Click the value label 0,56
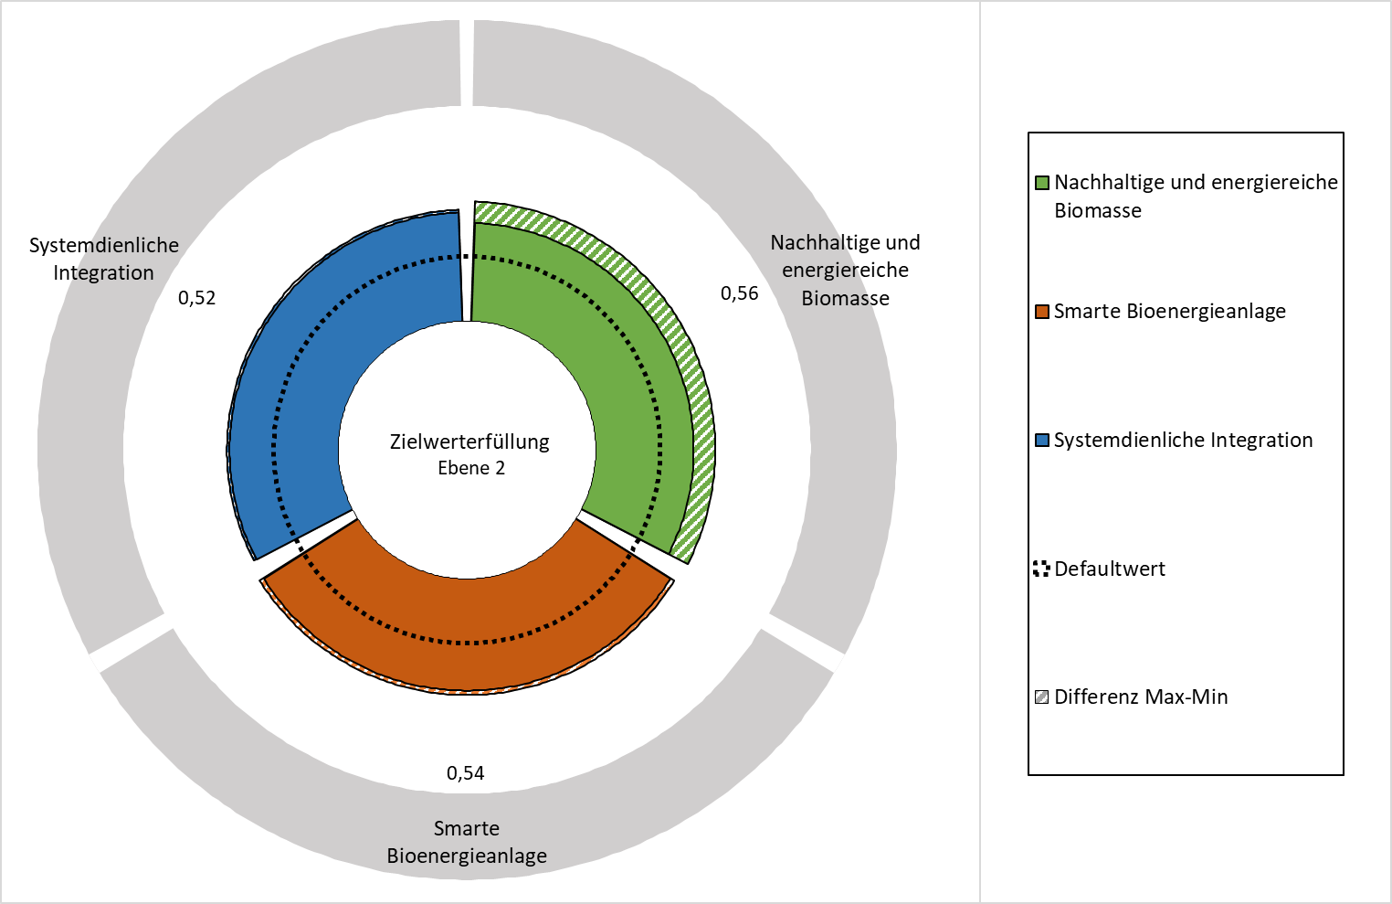coord(740,293)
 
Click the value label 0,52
coord(197,298)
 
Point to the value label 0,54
coord(466,773)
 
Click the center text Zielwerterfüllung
coord(469,442)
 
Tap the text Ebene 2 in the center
coord(471,468)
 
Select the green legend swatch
coord(1041,183)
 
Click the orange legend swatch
coord(1041,312)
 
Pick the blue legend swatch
coord(1041,441)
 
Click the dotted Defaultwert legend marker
coord(1041,569)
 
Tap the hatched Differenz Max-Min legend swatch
coord(1041,697)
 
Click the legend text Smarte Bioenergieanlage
coord(1170,312)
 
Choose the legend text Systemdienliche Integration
coord(1183,441)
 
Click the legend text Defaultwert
coord(1110,569)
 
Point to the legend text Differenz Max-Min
coord(1141,697)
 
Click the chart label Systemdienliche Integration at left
coord(104,260)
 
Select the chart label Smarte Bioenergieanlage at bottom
coord(467,843)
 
